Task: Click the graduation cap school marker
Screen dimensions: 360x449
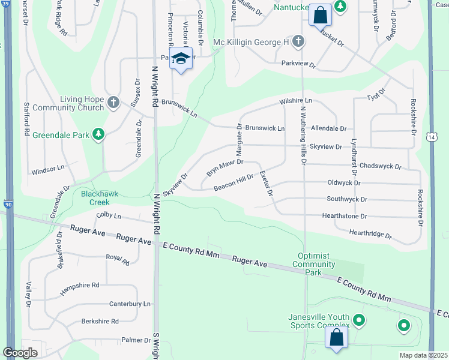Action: click(181, 59)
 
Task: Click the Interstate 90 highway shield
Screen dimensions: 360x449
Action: click(9, 205)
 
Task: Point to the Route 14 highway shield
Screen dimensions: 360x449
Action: click(432, 137)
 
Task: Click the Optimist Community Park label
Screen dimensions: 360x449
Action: click(313, 264)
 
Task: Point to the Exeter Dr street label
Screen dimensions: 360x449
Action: click(267, 184)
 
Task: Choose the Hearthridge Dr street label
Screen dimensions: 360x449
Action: click(370, 233)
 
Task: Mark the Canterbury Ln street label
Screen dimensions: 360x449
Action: click(131, 304)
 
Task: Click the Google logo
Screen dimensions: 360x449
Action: click(20, 353)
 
